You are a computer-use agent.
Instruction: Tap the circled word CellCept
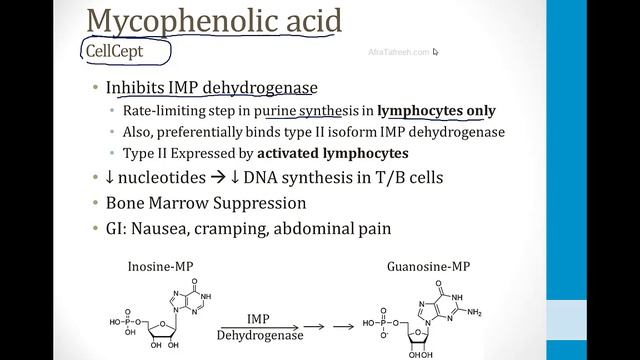(126, 50)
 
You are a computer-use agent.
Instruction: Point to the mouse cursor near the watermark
(437, 53)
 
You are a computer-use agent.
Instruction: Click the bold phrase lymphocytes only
(441, 111)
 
